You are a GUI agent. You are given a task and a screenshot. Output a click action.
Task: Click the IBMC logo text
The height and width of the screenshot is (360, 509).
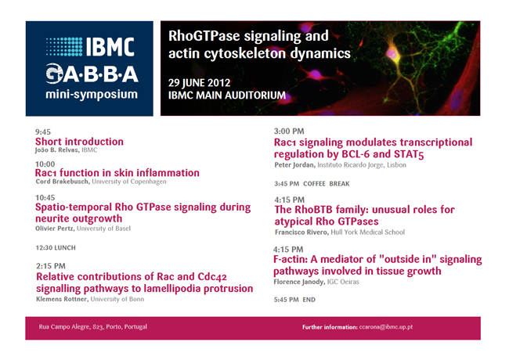tap(110, 47)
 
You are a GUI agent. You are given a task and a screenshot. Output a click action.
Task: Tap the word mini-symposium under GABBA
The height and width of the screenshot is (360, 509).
tap(92, 95)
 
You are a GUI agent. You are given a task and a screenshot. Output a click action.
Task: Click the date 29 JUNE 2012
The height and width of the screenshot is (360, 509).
tap(200, 83)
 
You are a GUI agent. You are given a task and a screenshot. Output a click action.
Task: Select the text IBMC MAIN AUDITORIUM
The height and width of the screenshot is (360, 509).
tap(227, 95)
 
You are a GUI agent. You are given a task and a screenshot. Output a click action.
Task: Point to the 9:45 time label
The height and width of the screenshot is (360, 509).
tap(43, 132)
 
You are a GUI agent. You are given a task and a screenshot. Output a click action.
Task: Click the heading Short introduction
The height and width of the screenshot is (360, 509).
tap(79, 142)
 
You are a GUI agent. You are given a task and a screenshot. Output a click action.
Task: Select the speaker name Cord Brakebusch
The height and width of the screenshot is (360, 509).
tap(63, 182)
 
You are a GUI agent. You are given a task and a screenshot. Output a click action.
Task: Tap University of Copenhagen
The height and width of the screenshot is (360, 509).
tap(129, 182)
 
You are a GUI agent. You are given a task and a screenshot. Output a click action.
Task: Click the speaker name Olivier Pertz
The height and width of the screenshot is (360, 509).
tap(55, 229)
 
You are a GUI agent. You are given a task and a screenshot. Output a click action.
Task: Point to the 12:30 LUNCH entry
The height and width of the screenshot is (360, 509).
tap(56, 248)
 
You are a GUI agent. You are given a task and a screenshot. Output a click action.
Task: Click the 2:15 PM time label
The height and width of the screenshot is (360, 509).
tap(51, 266)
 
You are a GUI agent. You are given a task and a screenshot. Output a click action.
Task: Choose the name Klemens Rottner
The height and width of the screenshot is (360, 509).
tap(62, 299)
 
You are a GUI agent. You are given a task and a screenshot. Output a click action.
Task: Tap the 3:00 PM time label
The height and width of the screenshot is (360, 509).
tap(289, 131)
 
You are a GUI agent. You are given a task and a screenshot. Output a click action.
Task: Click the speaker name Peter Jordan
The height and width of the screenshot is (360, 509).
tap(294, 165)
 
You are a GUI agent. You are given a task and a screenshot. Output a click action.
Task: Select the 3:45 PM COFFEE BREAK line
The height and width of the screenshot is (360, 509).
tap(312, 184)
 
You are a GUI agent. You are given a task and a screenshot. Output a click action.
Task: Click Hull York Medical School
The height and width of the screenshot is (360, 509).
tap(368, 232)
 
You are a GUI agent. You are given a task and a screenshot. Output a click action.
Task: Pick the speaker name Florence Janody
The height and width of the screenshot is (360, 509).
tap(299, 283)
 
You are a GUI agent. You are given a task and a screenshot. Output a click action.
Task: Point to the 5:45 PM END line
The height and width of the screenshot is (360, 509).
tap(294, 300)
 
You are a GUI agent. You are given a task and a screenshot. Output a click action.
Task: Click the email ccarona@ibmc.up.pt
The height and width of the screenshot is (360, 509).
tap(386, 327)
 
